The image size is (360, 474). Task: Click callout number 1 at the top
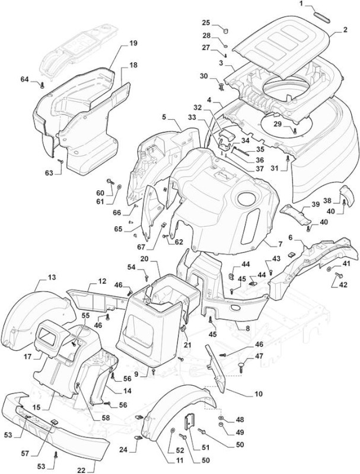pyautogui.click(x=301, y=4)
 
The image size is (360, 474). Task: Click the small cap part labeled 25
pyautogui.click(x=226, y=30)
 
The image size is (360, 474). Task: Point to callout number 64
pyautogui.click(x=24, y=79)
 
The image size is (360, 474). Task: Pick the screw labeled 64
pyautogui.click(x=42, y=85)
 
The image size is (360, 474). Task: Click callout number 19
pyautogui.click(x=133, y=43)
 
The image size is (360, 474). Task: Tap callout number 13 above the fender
pyautogui.click(x=52, y=277)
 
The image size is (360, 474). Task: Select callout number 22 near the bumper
pyautogui.click(x=81, y=470)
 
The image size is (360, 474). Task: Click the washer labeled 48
pyautogui.click(x=221, y=418)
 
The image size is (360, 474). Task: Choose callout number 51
pyautogui.click(x=206, y=447)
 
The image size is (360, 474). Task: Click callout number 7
pyautogui.click(x=281, y=244)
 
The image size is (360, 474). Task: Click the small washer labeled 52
pyautogui.click(x=173, y=430)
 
